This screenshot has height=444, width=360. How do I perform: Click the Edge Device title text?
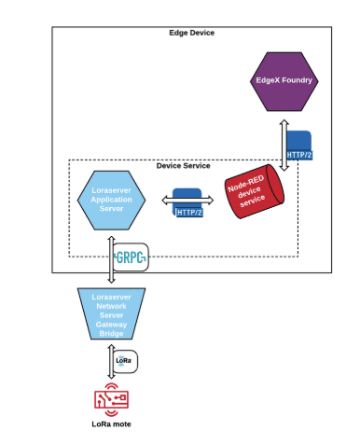tap(191, 33)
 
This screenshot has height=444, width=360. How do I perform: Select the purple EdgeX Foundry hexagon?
tap(285, 82)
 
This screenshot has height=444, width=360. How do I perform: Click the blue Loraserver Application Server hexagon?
tap(111, 198)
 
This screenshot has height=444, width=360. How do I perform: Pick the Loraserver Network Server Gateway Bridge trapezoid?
tap(111, 313)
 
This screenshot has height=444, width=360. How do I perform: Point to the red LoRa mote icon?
tap(111, 398)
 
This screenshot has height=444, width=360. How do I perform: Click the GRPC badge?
tap(129, 257)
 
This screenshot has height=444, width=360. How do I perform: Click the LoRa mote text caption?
tap(111, 424)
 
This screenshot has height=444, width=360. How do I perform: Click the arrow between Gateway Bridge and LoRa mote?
tap(109, 360)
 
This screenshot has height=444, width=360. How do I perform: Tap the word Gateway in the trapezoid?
tap(111, 322)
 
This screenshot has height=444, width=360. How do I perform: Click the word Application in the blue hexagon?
tap(111, 198)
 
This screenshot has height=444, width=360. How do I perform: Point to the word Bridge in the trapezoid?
tap(111, 331)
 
